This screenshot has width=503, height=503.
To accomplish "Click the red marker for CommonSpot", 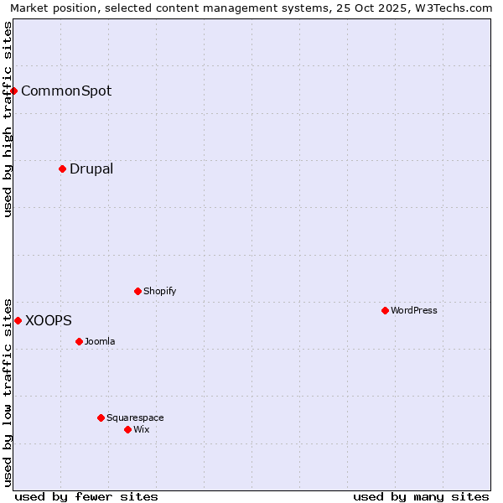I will (x=14, y=91).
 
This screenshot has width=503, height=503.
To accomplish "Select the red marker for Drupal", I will (x=62, y=169).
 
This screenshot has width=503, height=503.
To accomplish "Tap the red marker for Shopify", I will (x=137, y=291).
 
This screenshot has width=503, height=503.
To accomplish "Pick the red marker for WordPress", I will (x=385, y=310).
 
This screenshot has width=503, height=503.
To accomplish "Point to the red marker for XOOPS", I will (x=18, y=320).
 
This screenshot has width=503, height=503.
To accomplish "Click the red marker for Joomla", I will (x=79, y=341).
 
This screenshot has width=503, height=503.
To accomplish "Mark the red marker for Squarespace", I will (x=101, y=417).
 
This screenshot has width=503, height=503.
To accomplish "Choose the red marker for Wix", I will (x=127, y=429).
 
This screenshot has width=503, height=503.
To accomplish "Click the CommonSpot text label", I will (x=66, y=91).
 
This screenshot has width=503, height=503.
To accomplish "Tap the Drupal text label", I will (x=91, y=169).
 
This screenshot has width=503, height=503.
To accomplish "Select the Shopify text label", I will (x=159, y=291).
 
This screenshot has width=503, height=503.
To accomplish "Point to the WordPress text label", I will (x=414, y=310).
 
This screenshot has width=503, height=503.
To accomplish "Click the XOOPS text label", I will (x=49, y=320).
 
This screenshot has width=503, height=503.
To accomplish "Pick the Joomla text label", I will (x=100, y=341).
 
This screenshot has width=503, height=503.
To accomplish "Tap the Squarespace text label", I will (x=135, y=417).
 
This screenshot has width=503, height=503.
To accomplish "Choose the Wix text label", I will (x=142, y=429).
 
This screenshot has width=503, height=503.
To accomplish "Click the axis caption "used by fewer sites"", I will (x=86, y=496).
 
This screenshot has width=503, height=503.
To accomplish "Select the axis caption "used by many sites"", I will (x=421, y=496).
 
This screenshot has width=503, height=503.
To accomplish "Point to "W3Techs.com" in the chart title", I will (x=453, y=8).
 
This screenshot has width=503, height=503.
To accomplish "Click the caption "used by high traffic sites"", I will (x=8, y=119).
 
